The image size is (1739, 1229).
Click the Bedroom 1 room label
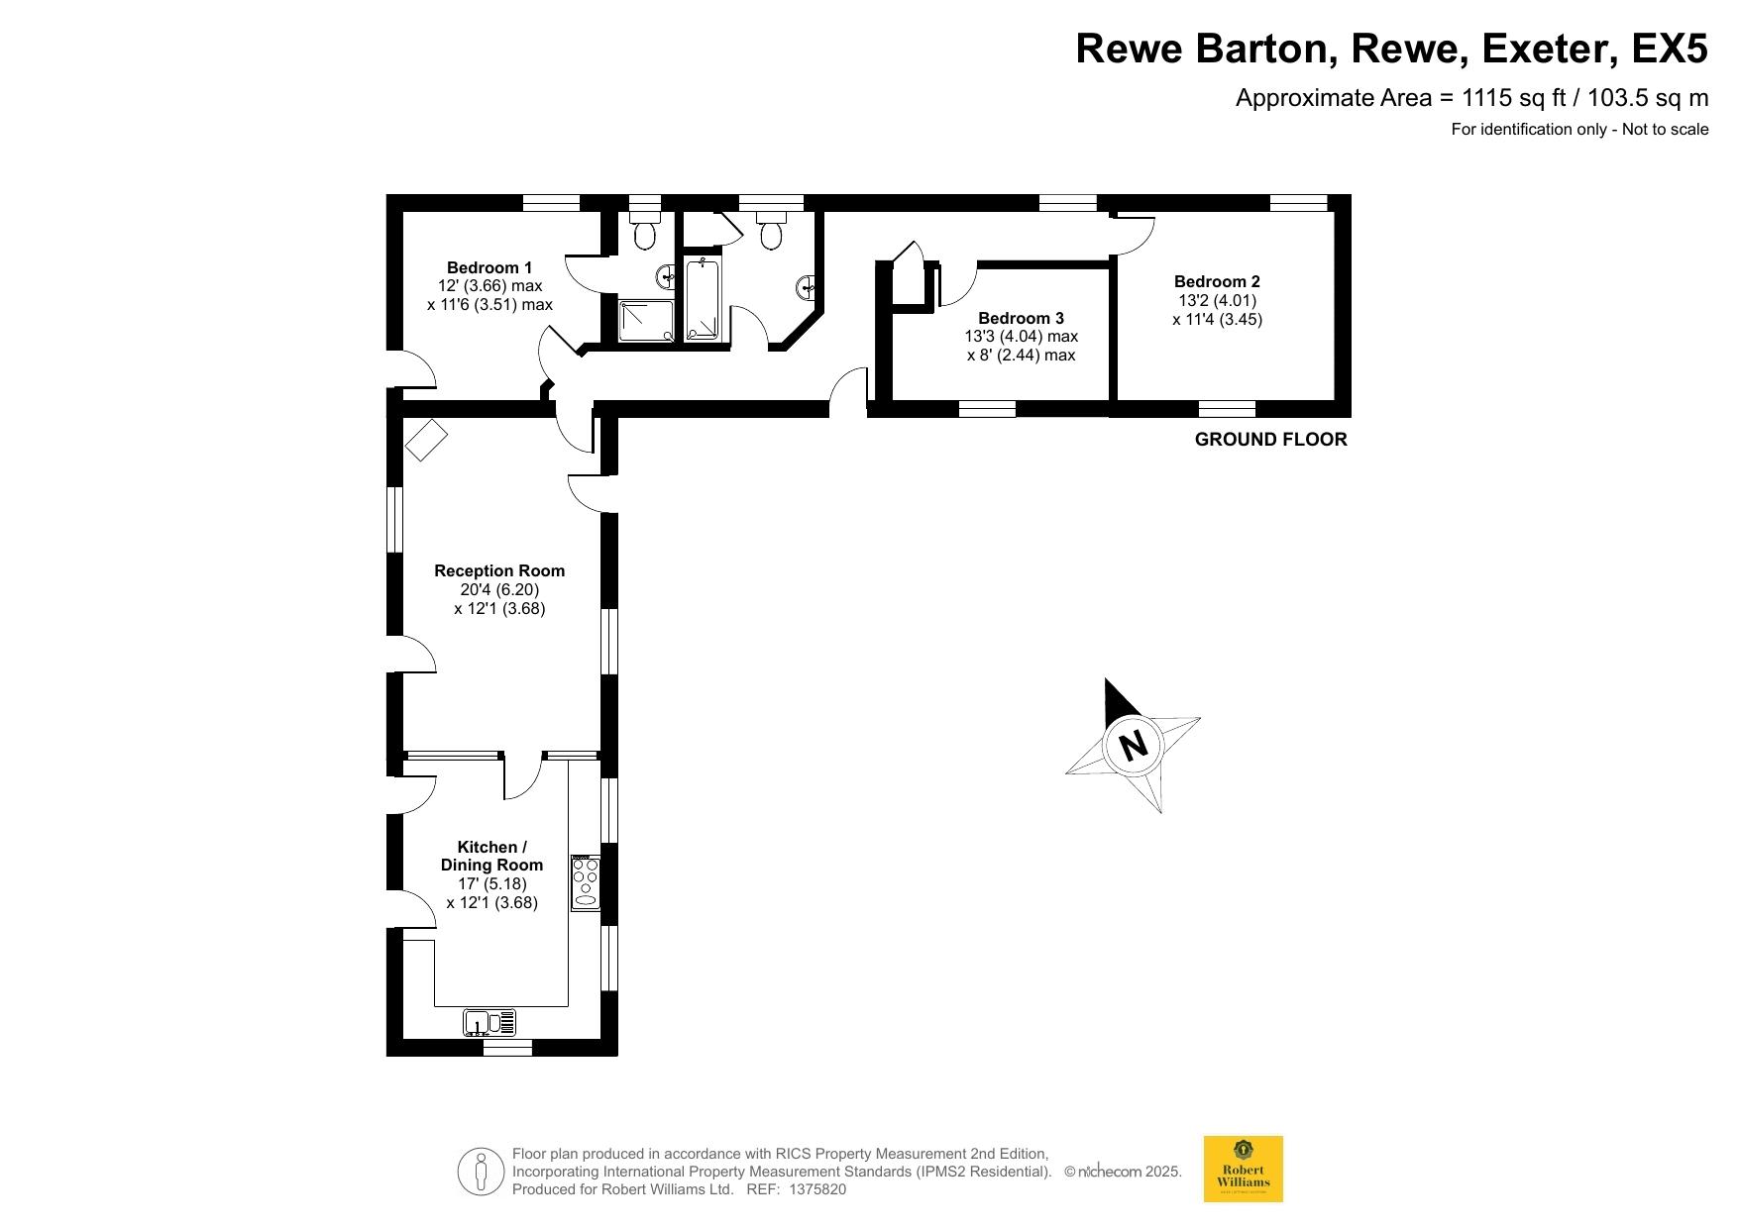489,267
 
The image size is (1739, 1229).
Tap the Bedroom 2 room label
1217,281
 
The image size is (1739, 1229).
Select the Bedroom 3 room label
1021,318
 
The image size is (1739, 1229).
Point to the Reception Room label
499,570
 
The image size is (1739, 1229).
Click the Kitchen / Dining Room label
491,856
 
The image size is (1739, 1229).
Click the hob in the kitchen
586,882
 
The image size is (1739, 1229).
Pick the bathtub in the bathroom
705,300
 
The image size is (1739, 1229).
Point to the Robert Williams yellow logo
1243,1169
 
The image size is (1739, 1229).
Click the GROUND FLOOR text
1271,440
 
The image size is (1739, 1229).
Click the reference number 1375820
817,1189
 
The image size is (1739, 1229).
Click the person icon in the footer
481,1172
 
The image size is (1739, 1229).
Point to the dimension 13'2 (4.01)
1217,300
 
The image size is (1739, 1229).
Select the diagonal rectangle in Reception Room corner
426,440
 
